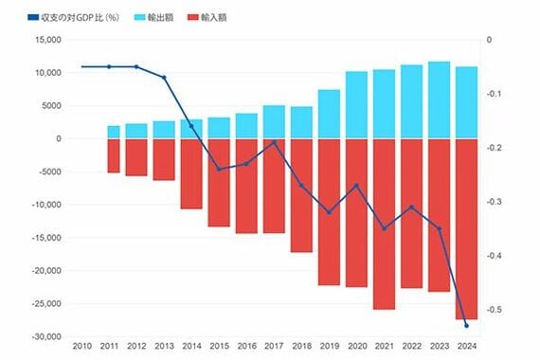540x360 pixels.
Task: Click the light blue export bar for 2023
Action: point(439,99)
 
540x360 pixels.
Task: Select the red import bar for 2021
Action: point(384,225)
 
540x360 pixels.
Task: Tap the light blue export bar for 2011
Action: point(114,133)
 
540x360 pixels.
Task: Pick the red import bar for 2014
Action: point(191,174)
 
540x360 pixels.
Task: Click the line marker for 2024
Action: point(467,326)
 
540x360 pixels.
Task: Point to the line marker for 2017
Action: point(274,142)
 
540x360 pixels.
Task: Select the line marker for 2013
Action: point(164,78)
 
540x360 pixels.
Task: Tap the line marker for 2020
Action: point(357,186)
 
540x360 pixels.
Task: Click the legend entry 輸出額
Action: point(154,18)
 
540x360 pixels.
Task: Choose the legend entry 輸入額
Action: point(207,18)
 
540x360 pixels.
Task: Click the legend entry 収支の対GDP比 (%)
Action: point(73,18)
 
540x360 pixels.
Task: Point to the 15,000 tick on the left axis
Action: point(48,40)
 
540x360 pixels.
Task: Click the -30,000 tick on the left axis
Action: point(46,337)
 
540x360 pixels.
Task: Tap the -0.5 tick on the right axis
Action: point(494,310)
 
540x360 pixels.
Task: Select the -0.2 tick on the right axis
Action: point(494,148)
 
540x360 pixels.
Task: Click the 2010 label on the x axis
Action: point(82,346)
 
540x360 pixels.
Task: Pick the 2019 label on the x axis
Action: point(330,346)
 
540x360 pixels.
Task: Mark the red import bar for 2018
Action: point(301,196)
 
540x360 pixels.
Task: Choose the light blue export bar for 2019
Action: point(329,115)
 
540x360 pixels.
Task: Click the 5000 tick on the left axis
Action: point(52,106)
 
